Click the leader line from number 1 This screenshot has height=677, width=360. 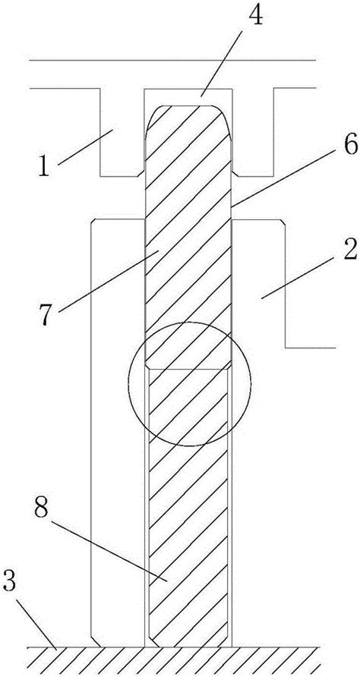pyautogui.click(x=85, y=146)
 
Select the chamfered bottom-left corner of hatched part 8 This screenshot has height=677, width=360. pyautogui.click(x=153, y=641)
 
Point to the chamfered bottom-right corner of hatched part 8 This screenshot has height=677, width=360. pyautogui.click(x=224, y=641)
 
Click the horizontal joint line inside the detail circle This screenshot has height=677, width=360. pyautogui.click(x=188, y=369)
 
